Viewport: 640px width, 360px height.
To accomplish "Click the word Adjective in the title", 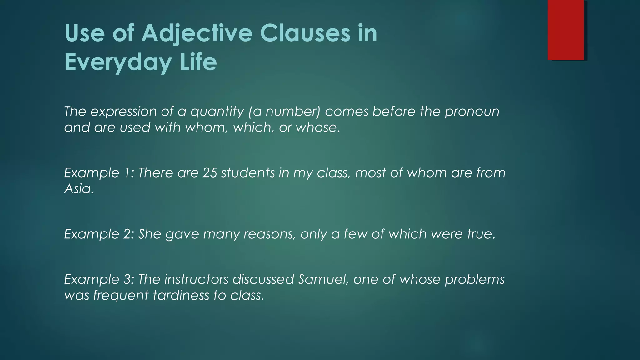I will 197,33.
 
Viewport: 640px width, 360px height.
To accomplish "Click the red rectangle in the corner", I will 566,30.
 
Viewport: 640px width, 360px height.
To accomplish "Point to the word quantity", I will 217,112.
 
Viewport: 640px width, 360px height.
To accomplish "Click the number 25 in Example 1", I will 210,173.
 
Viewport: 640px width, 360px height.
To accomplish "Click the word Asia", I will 79,189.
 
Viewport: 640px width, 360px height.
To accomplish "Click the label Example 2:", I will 99,234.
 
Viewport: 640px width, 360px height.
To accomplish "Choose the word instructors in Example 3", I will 196,279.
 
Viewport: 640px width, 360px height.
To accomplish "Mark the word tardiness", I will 181,295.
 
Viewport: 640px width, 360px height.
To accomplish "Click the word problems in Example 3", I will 474,280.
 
